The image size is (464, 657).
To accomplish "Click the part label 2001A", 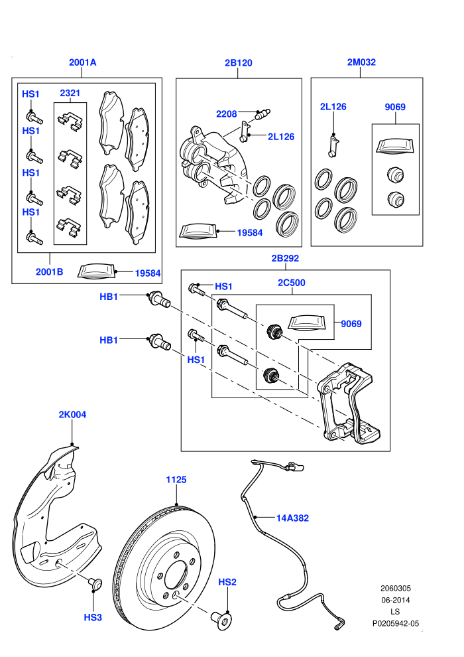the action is point(82,62).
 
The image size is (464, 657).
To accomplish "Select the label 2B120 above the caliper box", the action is point(239,63).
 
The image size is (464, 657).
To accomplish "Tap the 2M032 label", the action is point(361,62).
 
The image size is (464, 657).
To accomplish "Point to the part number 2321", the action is point(70,93).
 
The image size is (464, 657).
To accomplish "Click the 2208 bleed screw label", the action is point(226,114).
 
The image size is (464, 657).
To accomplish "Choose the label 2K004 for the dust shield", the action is point(72,414).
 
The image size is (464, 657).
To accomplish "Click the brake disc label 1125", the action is point(176,479).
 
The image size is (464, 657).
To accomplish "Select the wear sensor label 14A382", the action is point(292,518).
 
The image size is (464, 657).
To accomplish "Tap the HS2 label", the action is point(227,582).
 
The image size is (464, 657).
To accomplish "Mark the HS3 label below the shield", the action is point(93,617).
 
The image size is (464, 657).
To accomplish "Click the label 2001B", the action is point(49,272).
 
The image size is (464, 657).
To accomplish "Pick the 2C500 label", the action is point(292,283).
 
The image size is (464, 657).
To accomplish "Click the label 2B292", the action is point(285,258).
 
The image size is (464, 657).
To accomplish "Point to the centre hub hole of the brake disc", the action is point(176,575).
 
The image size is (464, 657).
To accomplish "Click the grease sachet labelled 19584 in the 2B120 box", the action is point(198,232).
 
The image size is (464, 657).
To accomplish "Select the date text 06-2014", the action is point(395,600).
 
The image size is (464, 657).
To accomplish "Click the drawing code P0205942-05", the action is point(395,623).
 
